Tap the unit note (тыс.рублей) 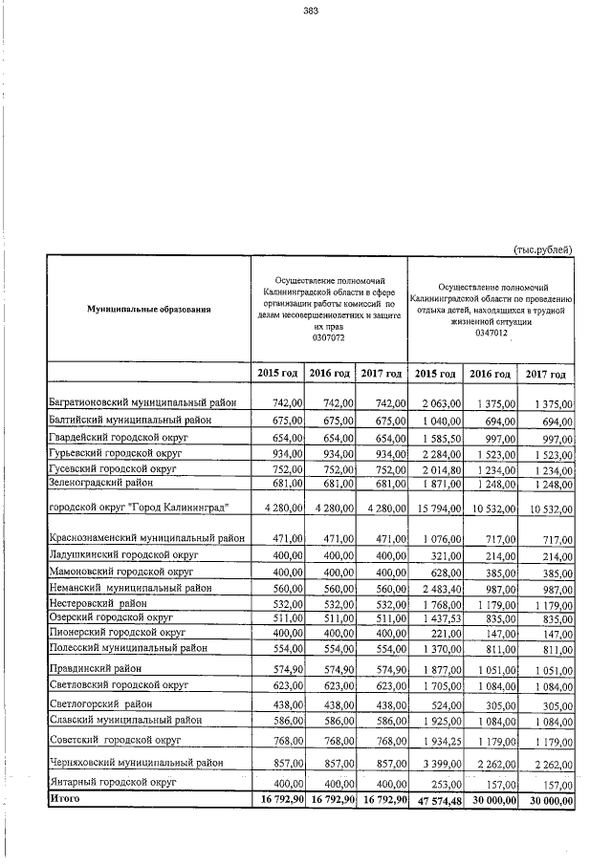[x=542, y=249]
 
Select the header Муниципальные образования [x=148, y=309]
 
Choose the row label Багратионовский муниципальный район [x=148, y=404]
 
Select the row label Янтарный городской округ [x=114, y=782]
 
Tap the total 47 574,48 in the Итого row [x=436, y=799]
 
